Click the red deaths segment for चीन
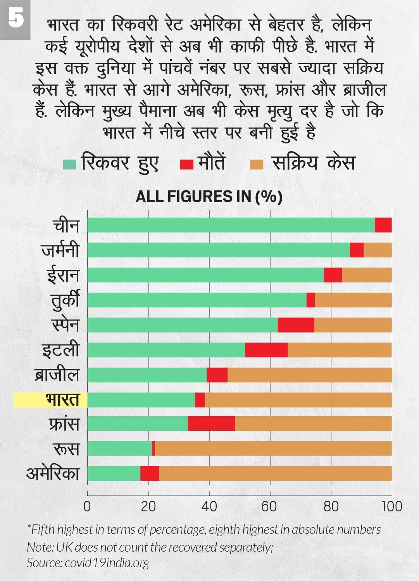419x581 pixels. (x=383, y=225)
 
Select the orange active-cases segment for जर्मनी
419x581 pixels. (x=378, y=250)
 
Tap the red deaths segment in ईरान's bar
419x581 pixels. (x=333, y=275)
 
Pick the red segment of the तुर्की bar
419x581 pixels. (x=310, y=300)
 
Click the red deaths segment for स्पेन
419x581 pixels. (x=296, y=325)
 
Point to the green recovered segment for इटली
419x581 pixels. (x=166, y=350)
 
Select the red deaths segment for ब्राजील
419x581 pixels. (x=217, y=375)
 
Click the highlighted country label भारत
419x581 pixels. (x=62, y=400)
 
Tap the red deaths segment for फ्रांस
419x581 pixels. (x=212, y=424)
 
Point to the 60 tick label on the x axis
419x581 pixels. (x=270, y=507)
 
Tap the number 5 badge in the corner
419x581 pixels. (x=15, y=19)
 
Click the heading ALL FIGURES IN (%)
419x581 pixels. (x=209, y=197)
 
